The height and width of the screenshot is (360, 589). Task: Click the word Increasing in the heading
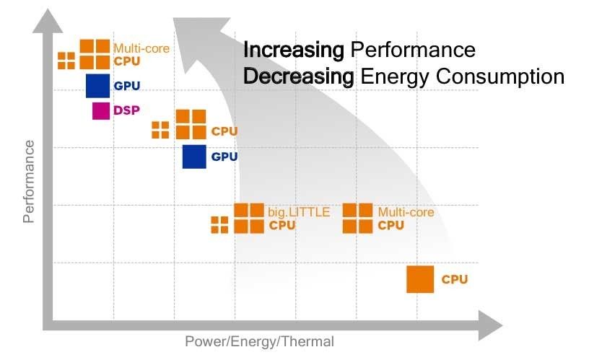(x=294, y=51)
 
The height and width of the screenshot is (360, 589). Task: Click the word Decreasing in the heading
(x=299, y=77)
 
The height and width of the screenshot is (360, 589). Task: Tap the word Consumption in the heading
(x=500, y=77)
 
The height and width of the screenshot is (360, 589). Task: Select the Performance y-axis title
(x=29, y=182)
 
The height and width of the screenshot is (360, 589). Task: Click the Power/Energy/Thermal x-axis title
(x=260, y=342)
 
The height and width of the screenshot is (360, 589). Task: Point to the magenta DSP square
(x=101, y=110)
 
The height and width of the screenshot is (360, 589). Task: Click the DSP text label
(x=126, y=110)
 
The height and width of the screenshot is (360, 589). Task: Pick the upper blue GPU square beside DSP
(x=97, y=86)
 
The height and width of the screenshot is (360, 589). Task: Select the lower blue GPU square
(x=194, y=157)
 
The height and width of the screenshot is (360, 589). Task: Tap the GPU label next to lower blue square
(x=224, y=157)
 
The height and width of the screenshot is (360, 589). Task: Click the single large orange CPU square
(x=420, y=279)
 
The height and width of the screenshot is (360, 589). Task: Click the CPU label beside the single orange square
(x=455, y=279)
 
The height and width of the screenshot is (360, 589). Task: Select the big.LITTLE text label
(x=299, y=213)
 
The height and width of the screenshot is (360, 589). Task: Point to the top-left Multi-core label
(x=141, y=48)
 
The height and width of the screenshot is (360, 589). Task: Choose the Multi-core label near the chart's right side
(x=406, y=213)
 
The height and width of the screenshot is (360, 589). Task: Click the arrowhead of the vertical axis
(x=48, y=22)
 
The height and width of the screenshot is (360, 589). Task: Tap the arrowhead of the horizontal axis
(x=490, y=325)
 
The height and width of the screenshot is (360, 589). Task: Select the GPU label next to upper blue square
(x=126, y=86)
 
